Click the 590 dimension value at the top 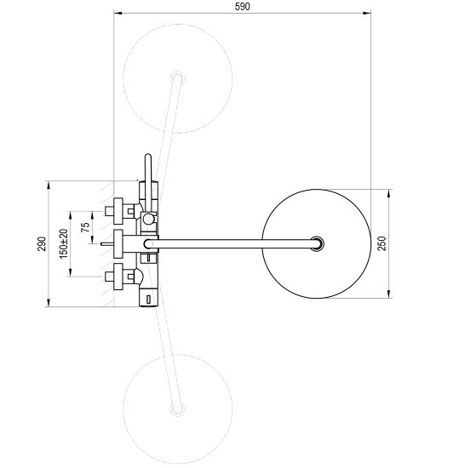(242, 7)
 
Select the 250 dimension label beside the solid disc (382, 243)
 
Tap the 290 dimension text (42, 243)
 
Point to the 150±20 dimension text (64, 243)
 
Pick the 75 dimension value (85, 227)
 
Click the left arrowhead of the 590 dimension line (118, 13)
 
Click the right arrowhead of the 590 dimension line (367, 13)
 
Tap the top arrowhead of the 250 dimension (389, 193)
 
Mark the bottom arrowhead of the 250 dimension (389, 294)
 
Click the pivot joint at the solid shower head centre (317, 243)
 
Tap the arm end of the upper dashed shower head (178, 78)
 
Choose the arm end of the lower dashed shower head (178, 409)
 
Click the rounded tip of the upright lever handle (148, 156)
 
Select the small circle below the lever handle (148, 219)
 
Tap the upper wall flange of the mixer (118, 211)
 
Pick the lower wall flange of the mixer (118, 277)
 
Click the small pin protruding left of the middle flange (106, 244)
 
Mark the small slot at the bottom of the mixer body (148, 300)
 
